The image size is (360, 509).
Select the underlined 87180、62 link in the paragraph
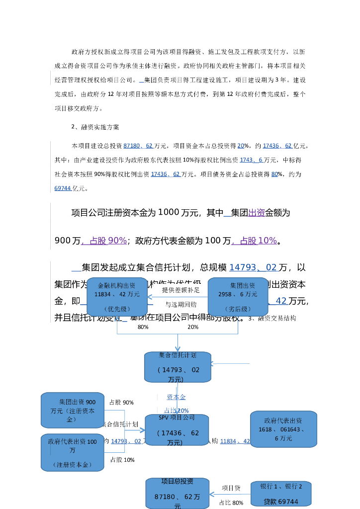pyautogui.click(x=138, y=146)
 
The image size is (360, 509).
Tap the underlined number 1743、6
pyautogui.click(x=251, y=160)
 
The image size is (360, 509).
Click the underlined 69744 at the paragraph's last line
pyautogui.click(x=63, y=188)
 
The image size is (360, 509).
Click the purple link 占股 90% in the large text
pyautogui.click(x=104, y=241)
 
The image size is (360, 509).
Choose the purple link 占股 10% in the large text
pyautogui.click(x=254, y=241)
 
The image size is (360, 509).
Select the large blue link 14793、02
pyautogui.click(x=253, y=267)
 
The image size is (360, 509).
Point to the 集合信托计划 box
pyautogui.click(x=178, y=367)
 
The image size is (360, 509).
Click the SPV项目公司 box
pyautogui.click(x=177, y=430)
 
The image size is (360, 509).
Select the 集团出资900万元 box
pyautogui.click(x=73, y=410)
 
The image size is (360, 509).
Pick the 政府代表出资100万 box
pyautogui.click(x=73, y=453)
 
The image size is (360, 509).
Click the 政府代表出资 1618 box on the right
pyautogui.click(x=283, y=429)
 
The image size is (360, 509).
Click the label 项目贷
pyautogui.click(x=231, y=488)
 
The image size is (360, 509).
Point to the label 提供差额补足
pyautogui.click(x=180, y=290)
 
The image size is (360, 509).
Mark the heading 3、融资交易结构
pyautogui.click(x=272, y=318)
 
